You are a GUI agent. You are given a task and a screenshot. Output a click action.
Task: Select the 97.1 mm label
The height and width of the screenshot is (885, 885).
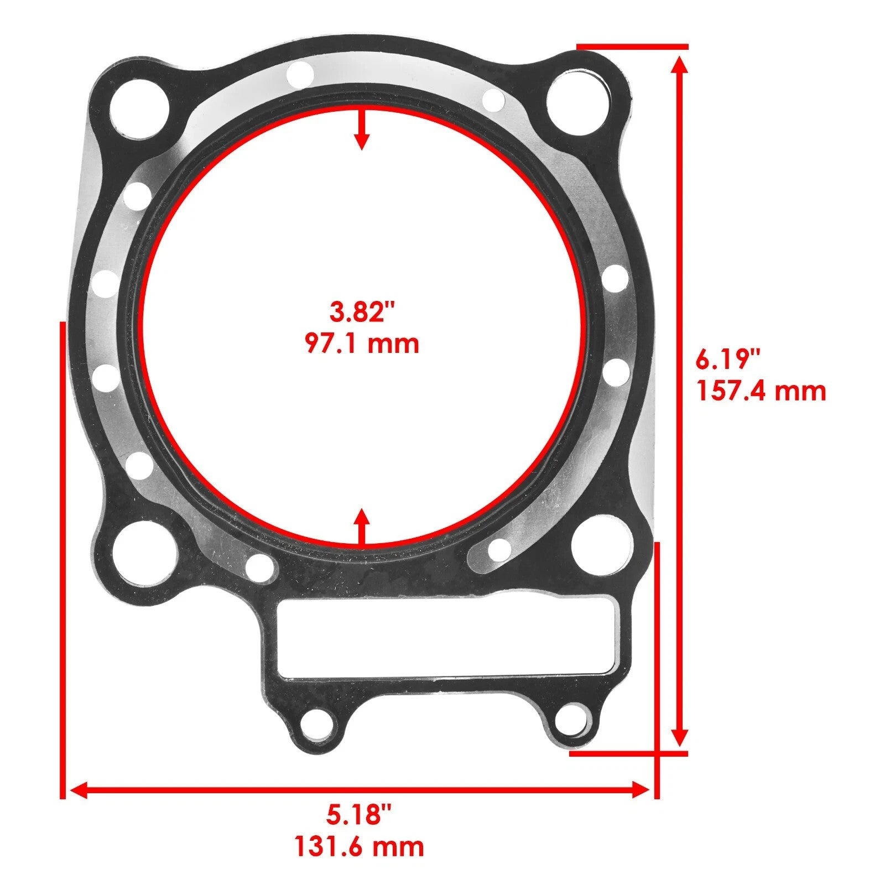(x=362, y=343)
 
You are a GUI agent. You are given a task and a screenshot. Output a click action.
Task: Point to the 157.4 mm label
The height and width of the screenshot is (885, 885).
(x=761, y=391)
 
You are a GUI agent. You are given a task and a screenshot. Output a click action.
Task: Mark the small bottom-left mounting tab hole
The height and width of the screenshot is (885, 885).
(x=317, y=725)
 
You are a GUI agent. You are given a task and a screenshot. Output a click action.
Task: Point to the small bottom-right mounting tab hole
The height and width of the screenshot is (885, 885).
(x=572, y=719)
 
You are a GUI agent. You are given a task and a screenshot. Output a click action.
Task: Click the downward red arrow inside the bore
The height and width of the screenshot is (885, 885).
(x=362, y=130)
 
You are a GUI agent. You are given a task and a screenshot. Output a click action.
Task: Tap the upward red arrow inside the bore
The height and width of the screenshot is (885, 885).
(x=362, y=526)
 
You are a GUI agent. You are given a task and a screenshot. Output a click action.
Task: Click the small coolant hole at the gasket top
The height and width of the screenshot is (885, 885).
(x=300, y=74)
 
